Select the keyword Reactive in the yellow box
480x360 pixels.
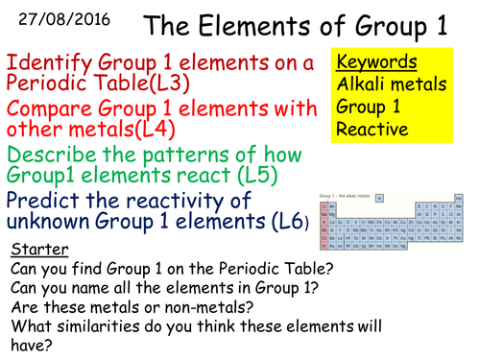point(372,129)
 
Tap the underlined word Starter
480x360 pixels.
point(39,250)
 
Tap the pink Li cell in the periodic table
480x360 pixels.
point(324,206)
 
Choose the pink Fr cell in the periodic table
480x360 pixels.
point(324,246)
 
